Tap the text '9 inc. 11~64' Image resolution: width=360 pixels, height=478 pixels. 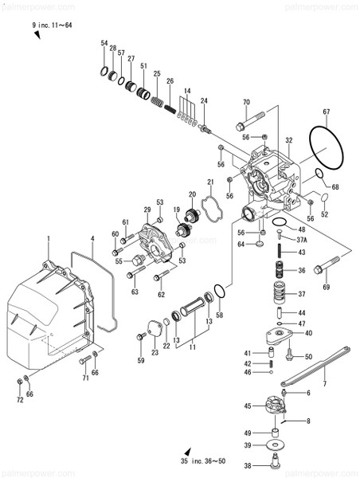click(53, 26)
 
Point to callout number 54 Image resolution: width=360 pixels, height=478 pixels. click(104, 43)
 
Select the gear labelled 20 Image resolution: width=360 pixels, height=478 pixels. click(191, 214)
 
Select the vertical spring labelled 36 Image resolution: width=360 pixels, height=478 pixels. click(280, 271)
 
